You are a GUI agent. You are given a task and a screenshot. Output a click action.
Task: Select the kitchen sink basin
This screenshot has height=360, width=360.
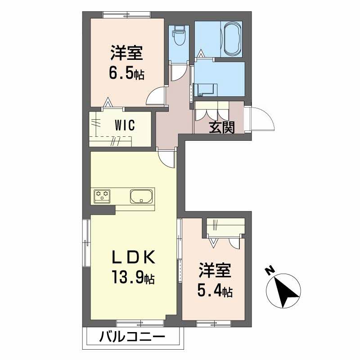click(141, 196)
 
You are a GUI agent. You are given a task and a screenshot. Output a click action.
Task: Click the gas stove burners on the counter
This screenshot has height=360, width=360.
click(102, 196)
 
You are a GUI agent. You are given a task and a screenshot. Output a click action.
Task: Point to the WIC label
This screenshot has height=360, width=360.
click(125, 126)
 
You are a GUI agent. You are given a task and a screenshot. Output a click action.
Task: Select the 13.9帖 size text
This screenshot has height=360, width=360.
click(133, 277)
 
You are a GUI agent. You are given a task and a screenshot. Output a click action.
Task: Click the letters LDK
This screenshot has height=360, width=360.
click(133, 257)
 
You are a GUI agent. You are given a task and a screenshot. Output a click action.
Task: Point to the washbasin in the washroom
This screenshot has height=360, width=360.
click(206, 90)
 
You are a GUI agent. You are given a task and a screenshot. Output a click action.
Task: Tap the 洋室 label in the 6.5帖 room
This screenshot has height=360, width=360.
click(126, 53)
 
